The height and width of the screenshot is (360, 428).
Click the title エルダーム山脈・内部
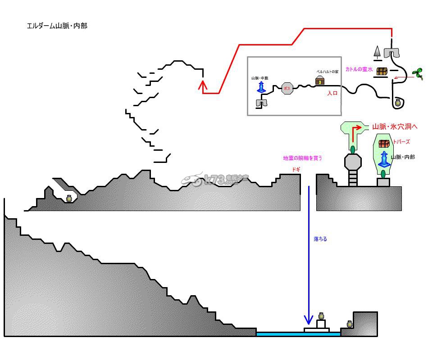pyautogui.click(x=57, y=26)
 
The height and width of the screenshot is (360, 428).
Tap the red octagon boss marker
pyautogui.click(x=287, y=88)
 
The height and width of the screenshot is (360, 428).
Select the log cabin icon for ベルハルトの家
pyautogui.click(x=320, y=80)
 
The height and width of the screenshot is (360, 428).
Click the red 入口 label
pyautogui.click(x=332, y=94)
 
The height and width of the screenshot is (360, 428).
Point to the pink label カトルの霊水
pyautogui.click(x=359, y=69)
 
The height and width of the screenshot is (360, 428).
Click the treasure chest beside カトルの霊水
pyautogui.click(x=382, y=71)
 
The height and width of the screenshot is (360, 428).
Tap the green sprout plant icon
pyautogui.click(x=418, y=73)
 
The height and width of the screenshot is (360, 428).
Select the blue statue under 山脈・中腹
pyautogui.click(x=261, y=87)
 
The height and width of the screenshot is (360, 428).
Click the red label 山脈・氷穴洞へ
pyautogui.click(x=395, y=127)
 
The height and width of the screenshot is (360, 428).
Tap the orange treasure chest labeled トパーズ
pyautogui.click(x=384, y=144)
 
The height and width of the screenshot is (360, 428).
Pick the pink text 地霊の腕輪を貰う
pyautogui.click(x=303, y=158)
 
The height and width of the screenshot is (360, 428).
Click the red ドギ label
pyautogui.click(x=296, y=169)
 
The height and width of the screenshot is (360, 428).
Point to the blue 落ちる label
pyautogui.click(x=320, y=239)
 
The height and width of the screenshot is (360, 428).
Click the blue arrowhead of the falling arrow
pyautogui.click(x=309, y=320)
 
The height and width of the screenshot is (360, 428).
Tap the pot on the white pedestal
pyautogui.click(x=321, y=316)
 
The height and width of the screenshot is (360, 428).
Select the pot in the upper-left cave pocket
pyautogui.click(x=69, y=198)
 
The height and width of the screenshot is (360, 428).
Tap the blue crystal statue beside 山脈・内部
pyautogui.click(x=384, y=159)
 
